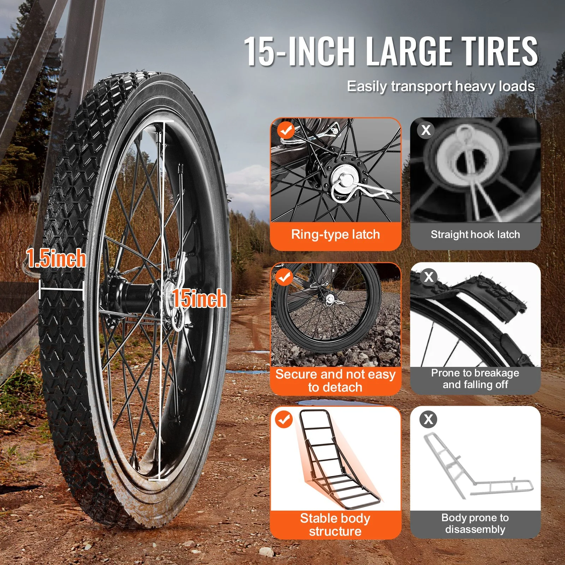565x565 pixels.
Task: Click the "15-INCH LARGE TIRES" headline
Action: [391, 51]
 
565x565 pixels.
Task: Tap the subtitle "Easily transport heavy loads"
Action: [441, 87]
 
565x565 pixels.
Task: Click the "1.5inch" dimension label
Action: [56, 258]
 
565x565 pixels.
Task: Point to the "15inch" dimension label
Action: [199, 298]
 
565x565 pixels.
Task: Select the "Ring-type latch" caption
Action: [335, 234]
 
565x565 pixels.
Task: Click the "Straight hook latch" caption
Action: [475, 234]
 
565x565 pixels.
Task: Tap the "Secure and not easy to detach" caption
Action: [335, 381]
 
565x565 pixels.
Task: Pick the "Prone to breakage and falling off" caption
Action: [475, 379]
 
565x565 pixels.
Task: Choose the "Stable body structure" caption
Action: [335, 525]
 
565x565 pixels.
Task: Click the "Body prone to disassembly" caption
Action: [475, 523]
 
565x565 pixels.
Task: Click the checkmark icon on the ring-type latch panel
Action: [286, 130]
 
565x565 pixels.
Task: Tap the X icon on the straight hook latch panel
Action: [426, 130]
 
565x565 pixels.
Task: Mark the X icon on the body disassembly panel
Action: [428, 420]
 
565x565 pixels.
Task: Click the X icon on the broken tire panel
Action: [429, 277]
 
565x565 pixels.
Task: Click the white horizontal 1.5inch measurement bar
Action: [61, 290]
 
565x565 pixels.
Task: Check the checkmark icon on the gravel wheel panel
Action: [284, 277]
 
